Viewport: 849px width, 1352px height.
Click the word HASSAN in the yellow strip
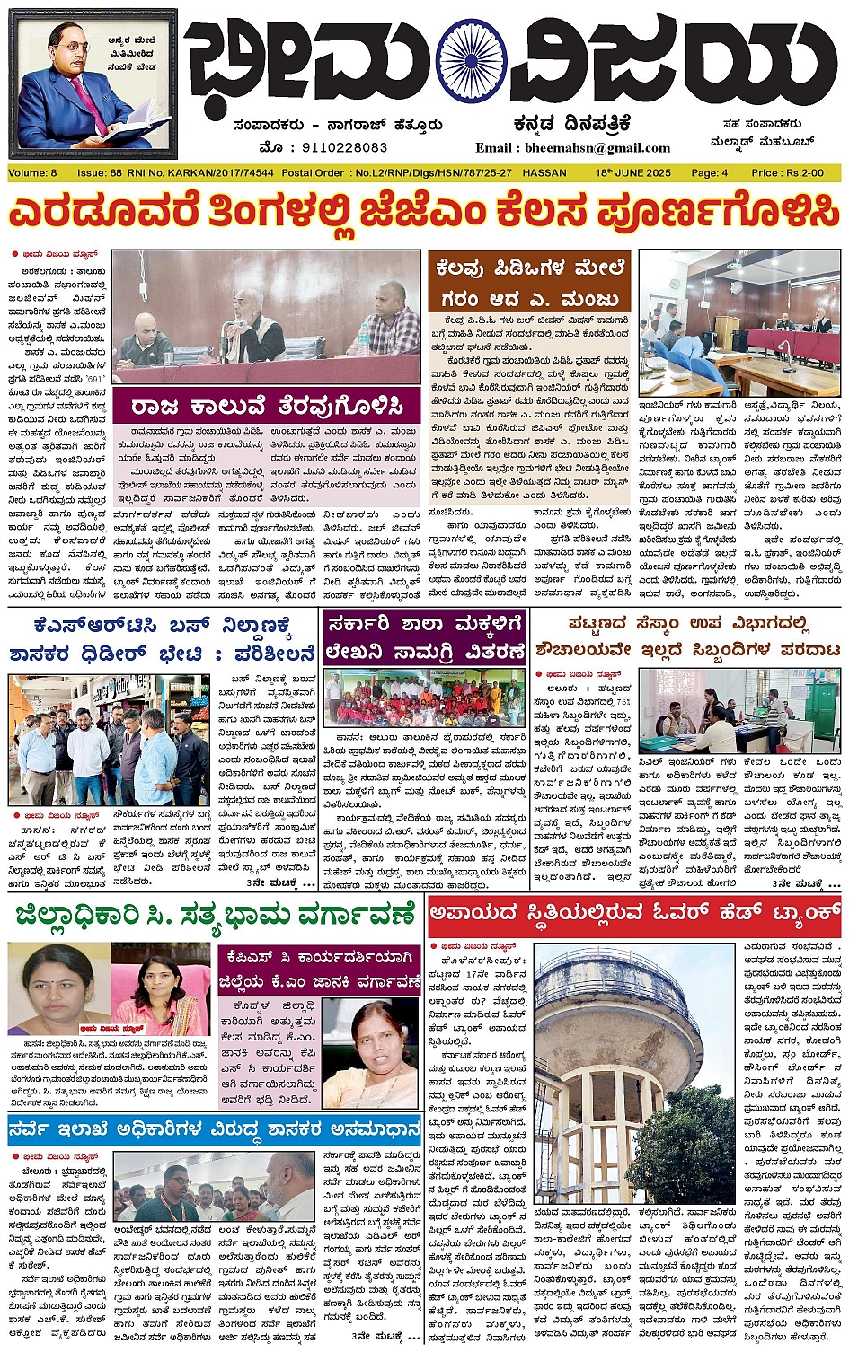(x=544, y=172)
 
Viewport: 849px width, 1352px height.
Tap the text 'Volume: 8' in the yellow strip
(x=32, y=172)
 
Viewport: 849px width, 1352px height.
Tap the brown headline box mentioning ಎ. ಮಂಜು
(x=529, y=282)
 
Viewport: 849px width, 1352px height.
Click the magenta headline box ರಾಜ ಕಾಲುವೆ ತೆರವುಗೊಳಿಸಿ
(x=265, y=405)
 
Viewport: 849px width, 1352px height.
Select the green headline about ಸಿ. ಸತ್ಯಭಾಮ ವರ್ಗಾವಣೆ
(x=216, y=916)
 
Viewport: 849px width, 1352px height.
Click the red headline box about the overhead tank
(x=633, y=916)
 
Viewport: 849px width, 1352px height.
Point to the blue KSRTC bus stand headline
(x=162, y=640)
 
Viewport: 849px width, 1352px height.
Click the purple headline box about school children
(x=423, y=636)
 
